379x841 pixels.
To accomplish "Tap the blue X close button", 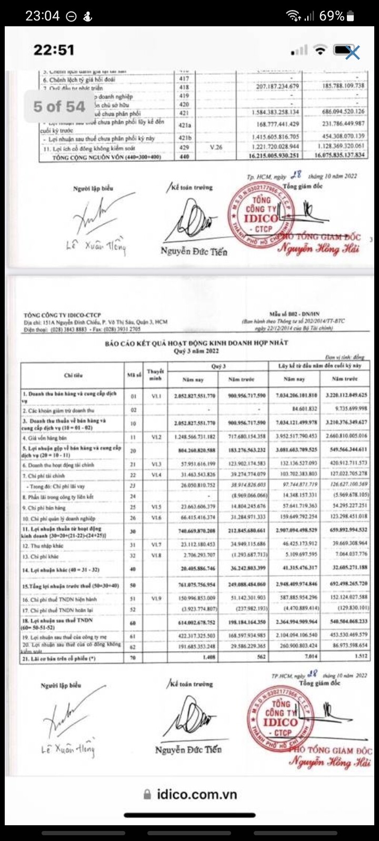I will click(x=352, y=52).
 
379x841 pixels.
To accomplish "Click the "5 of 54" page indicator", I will click(x=59, y=107).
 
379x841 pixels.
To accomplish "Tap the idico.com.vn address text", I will click(x=197, y=794).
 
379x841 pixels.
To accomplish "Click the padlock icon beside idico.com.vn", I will click(x=148, y=794).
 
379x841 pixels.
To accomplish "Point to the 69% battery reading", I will click(x=332, y=16).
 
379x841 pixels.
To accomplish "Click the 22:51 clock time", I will click(x=54, y=50).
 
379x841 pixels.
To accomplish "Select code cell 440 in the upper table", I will click(x=184, y=156).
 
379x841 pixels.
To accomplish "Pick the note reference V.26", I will click(x=216, y=148).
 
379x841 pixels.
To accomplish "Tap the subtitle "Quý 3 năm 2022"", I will click(x=196, y=351).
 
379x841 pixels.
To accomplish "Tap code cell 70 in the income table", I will click(x=133, y=657).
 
